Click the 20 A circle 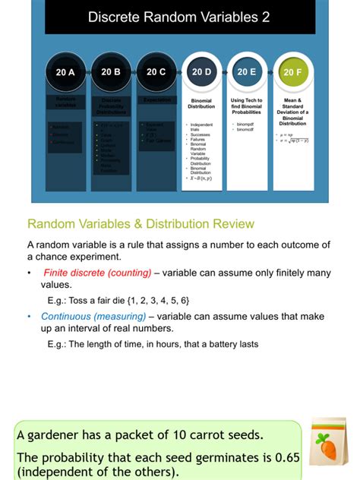[65, 72]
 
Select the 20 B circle [111, 72]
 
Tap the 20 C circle [156, 72]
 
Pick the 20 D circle [202, 72]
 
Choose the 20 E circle [247, 72]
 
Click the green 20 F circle [292, 72]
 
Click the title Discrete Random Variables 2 [178, 17]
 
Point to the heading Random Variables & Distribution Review [141, 224]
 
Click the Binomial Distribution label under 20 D [202, 103]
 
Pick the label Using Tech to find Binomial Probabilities [247, 106]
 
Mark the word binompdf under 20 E [245, 124]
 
